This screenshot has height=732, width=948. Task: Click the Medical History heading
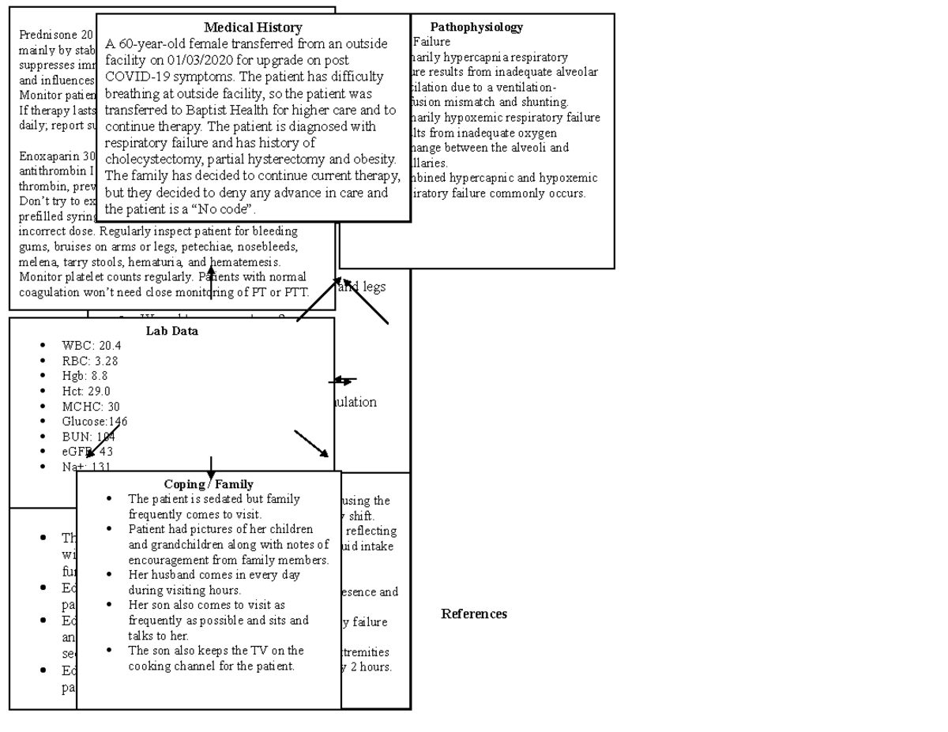pos(253,28)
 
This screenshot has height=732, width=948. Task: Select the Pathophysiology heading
pos(476,27)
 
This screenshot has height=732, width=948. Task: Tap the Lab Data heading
pos(172,331)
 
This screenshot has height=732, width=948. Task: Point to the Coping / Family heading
pos(209,484)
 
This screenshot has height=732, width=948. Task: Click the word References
pos(474,614)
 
